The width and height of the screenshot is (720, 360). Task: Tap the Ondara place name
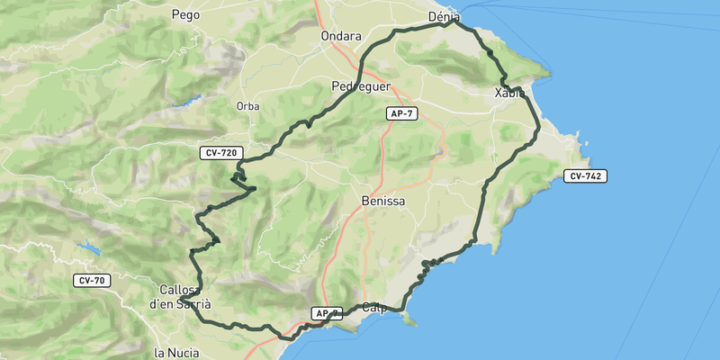[340, 36]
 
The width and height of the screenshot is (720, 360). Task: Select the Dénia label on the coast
[444, 16]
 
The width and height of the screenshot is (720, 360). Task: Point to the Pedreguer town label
[360, 86]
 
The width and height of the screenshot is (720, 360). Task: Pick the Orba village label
[247, 105]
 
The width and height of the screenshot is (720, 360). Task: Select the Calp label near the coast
[373, 308]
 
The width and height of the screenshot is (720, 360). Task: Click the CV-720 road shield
[221, 153]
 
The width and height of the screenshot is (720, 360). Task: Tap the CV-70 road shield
[93, 281]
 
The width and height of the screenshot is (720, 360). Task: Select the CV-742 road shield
[586, 175]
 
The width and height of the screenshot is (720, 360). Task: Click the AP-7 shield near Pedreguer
[401, 113]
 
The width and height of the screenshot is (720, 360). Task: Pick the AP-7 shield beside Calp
[327, 313]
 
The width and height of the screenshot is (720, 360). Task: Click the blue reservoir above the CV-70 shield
[88, 246]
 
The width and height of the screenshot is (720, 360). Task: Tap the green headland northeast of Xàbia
[540, 68]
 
